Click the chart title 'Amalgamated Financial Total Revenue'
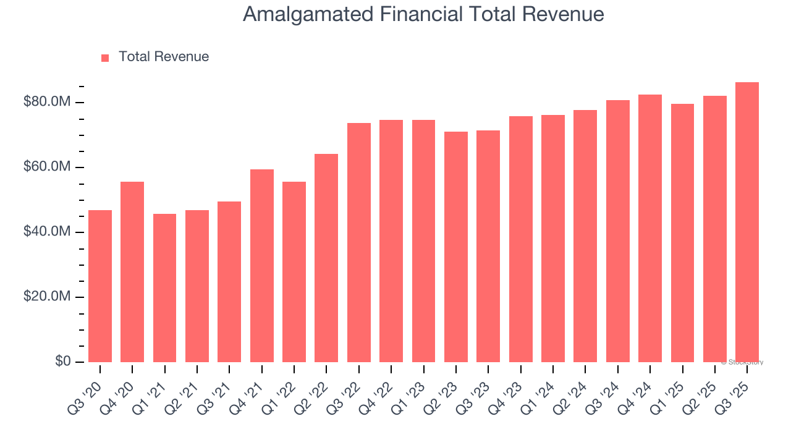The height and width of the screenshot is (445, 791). pos(423,14)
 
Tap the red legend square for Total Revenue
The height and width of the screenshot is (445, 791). pos(105,57)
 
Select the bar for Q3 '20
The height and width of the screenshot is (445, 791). pos(100,286)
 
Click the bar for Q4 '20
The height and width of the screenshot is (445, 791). pos(132,272)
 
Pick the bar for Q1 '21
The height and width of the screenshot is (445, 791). pos(164,288)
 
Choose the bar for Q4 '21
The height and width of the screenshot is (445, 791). pos(262,266)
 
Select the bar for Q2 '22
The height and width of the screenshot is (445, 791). pos(326,258)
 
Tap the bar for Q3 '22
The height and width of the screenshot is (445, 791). pos(359,242)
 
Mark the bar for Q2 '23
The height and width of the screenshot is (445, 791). pos(456,247)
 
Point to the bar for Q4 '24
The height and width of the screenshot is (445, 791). pos(650,228)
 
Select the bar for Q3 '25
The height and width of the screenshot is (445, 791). pos(747,222)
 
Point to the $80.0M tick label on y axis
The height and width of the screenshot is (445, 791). pos(47,102)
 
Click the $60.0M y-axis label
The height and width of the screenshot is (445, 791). pos(47,167)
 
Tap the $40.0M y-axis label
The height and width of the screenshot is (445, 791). pos(47,232)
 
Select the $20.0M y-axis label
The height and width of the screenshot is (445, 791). pos(47,297)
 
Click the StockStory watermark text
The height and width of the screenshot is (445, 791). pos(742,362)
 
